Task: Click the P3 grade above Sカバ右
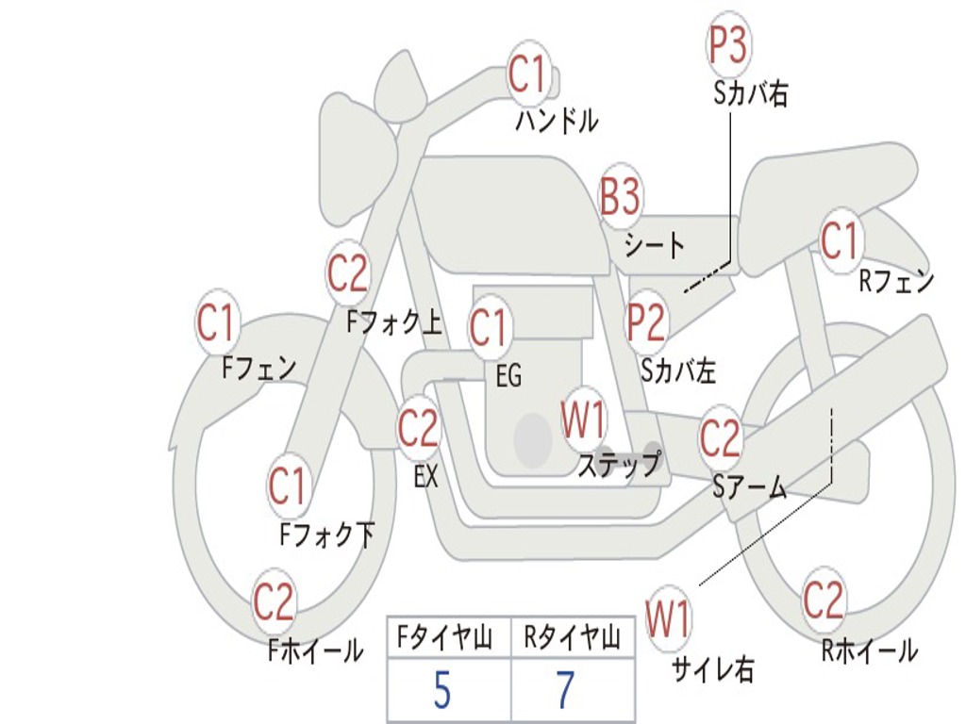(x=727, y=45)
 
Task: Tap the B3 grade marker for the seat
(x=620, y=198)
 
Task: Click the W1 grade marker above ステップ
(x=584, y=421)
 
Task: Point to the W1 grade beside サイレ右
(x=668, y=620)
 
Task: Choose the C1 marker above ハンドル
(x=528, y=74)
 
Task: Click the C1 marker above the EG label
(x=489, y=328)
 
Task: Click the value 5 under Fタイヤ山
(x=441, y=692)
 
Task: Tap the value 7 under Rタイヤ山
(x=565, y=692)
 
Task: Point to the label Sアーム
(x=749, y=487)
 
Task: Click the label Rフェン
(x=895, y=281)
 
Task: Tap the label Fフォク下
(x=326, y=535)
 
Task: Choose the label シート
(x=654, y=246)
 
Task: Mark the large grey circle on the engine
(x=533, y=439)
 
